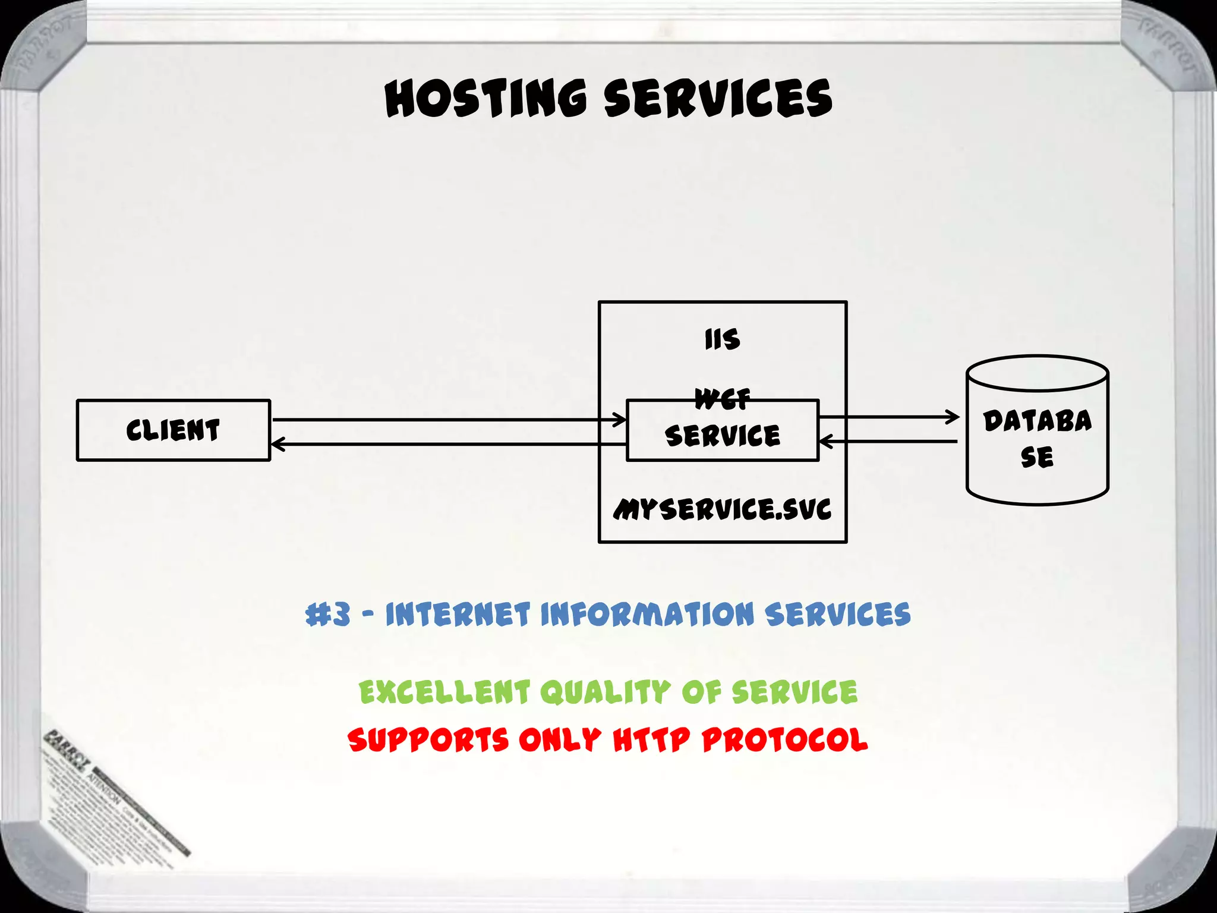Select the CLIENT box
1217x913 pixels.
[x=173, y=430]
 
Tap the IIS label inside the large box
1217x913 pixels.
[x=722, y=339]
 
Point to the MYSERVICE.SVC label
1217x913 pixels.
[x=722, y=509]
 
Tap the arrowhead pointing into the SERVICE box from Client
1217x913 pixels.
[x=621, y=420]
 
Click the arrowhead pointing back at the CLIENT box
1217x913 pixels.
[x=277, y=444]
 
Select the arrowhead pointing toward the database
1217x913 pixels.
[x=954, y=417]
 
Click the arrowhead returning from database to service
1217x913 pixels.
[x=825, y=441]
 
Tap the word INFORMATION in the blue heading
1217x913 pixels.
[x=647, y=614]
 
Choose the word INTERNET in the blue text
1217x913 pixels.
[x=457, y=614]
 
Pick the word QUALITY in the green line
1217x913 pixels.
[x=605, y=692]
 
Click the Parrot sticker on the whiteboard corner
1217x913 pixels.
[x=113, y=791]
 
